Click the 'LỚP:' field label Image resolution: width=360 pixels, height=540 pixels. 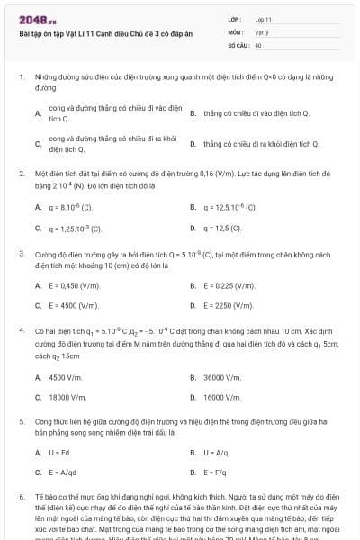pyautogui.click(x=235, y=18)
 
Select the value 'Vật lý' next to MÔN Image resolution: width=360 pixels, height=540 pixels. pyautogui.click(x=262, y=31)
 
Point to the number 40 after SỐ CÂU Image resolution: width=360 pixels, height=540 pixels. pyautogui.click(x=258, y=44)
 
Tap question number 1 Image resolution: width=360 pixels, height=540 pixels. pyautogui.click(x=21, y=78)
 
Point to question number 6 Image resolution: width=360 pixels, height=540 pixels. pyautogui.click(x=21, y=496)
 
